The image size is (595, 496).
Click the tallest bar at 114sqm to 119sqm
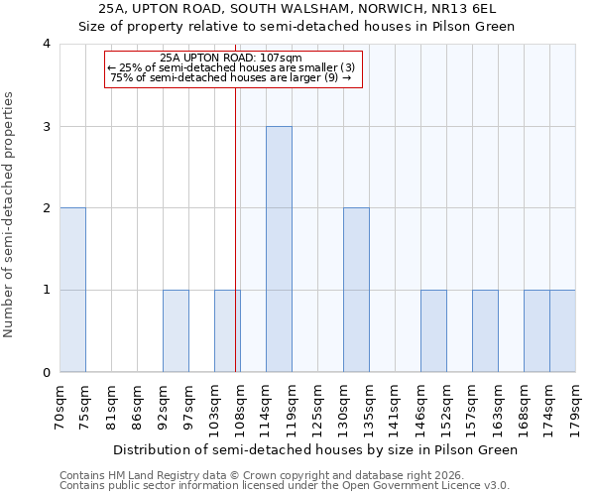coord(279,249)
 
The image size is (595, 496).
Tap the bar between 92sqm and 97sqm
coord(176,331)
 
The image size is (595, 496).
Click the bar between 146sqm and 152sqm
coord(433,331)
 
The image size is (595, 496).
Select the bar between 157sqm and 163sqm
coord(485,331)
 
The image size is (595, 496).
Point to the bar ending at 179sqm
coord(562,331)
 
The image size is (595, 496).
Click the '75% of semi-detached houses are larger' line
coord(231,77)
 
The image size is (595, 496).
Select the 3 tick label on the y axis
coord(47,126)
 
